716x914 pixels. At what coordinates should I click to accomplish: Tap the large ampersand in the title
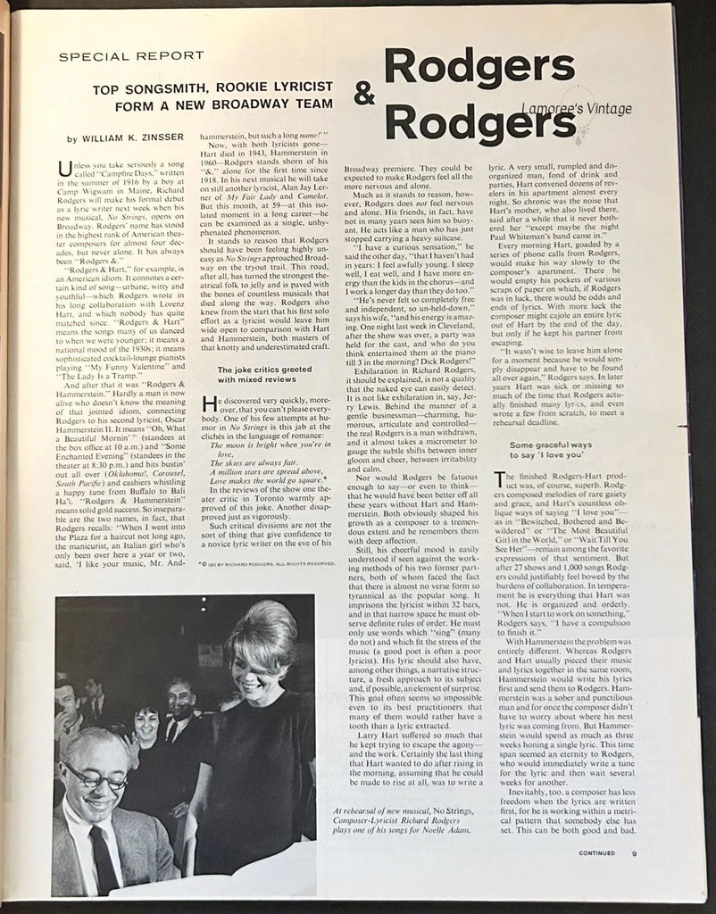pyautogui.click(x=364, y=96)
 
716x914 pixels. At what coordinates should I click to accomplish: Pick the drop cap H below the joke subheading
pyautogui.click(x=211, y=403)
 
